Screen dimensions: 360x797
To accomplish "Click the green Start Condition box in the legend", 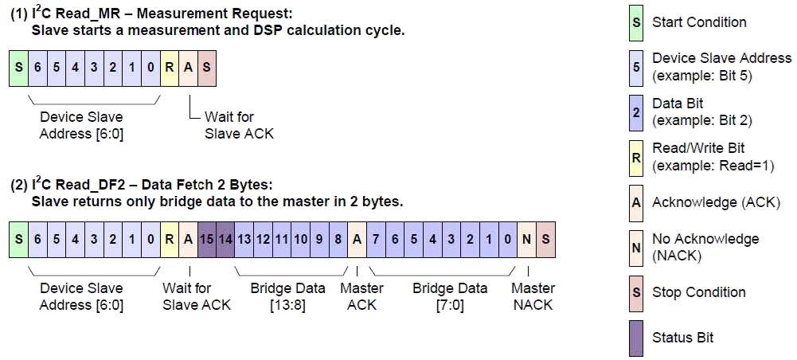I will (x=636, y=22).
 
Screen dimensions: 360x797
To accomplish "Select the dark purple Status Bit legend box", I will (x=636, y=337).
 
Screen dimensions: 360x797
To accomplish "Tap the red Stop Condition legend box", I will (x=636, y=292).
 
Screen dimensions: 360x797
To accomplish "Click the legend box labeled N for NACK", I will (x=636, y=247).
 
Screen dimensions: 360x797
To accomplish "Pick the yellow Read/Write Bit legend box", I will (x=636, y=157).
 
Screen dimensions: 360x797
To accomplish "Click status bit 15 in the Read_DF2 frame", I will (x=207, y=239).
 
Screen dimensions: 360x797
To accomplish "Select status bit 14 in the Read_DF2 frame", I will (x=225, y=239).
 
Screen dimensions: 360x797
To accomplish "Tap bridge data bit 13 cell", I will (x=244, y=239).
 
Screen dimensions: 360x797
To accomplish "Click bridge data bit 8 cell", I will (x=338, y=239).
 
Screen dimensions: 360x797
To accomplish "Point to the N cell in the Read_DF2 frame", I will (x=525, y=239).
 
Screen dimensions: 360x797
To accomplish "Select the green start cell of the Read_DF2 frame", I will (x=18, y=239).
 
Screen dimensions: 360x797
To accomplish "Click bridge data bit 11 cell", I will (x=282, y=239).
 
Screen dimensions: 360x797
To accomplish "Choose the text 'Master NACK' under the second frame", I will (x=533, y=296).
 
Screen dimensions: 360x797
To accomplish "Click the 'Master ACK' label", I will (x=361, y=296).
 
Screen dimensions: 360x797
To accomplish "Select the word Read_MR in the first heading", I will (x=84, y=15).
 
